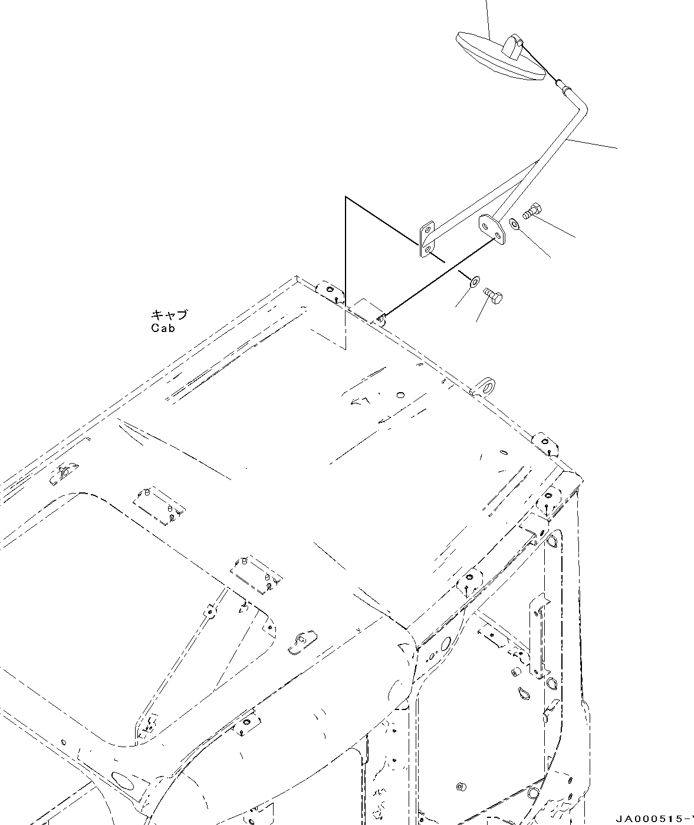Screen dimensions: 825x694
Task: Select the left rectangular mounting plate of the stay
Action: coord(426,240)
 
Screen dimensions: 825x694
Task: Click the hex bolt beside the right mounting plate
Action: coord(532,211)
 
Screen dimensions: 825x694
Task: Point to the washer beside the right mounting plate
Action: coord(514,224)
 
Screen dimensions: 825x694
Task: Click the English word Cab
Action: coord(163,328)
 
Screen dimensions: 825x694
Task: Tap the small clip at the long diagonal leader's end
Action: coord(380,319)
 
